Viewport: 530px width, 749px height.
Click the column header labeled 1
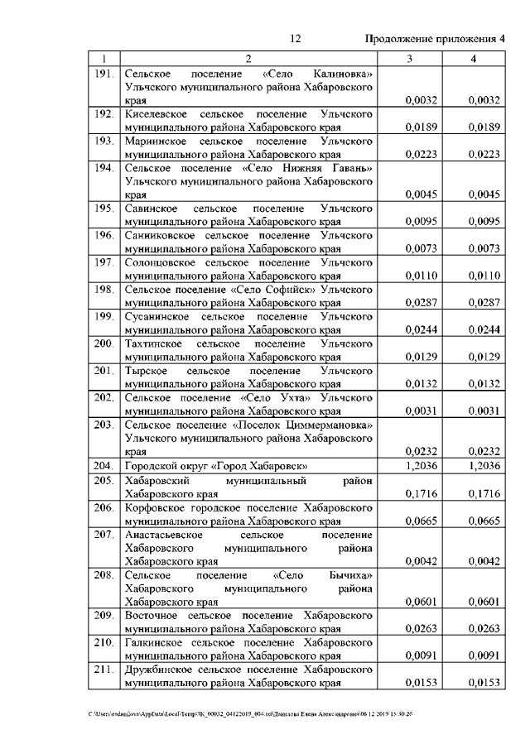104,59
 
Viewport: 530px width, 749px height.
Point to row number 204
104,466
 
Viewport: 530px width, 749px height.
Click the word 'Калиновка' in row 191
343,74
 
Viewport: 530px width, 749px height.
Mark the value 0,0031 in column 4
484,411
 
